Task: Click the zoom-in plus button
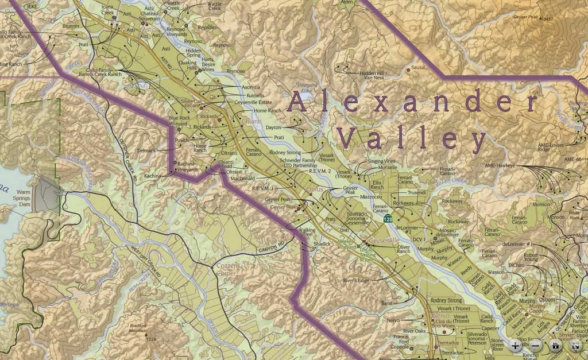(x=515, y=346)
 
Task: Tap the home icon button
(x=555, y=346)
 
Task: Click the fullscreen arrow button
(x=575, y=346)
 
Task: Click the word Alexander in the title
(x=412, y=102)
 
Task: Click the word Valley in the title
(x=411, y=140)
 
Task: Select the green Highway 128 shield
(x=388, y=219)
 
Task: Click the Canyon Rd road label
(x=273, y=247)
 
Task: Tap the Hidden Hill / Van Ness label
(x=376, y=76)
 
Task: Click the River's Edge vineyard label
(x=355, y=280)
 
